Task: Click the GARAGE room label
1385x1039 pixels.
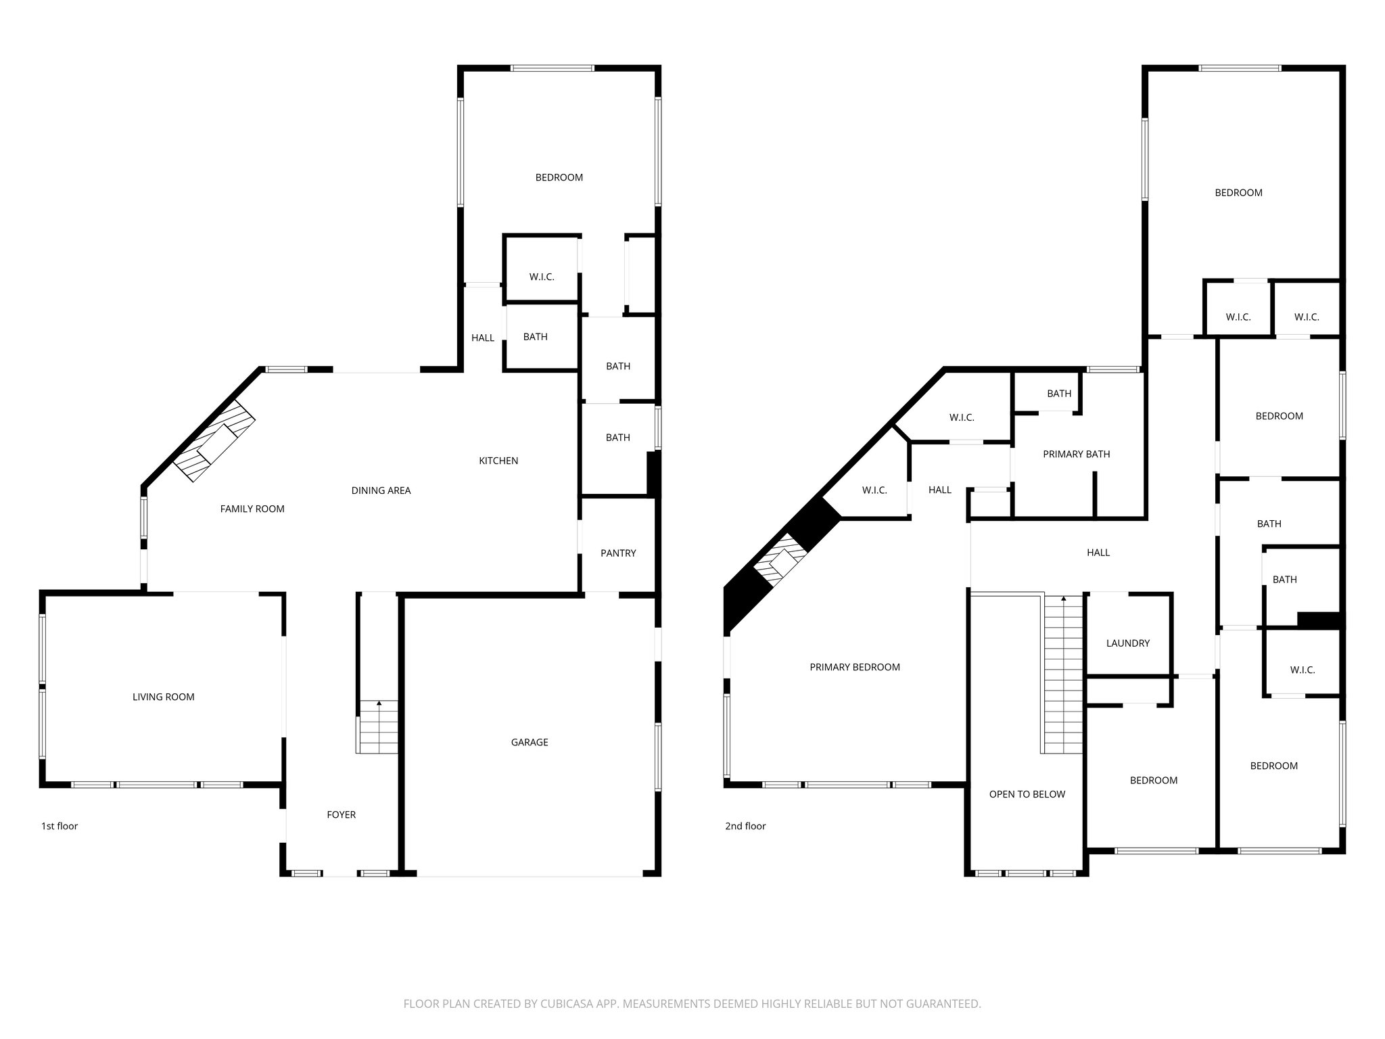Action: [530, 742]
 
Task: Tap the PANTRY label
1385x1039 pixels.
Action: [618, 553]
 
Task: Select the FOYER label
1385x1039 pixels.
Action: [341, 814]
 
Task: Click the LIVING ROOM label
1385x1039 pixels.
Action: [163, 697]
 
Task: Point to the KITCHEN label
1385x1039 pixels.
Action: [498, 461]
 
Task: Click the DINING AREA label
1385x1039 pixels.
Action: [381, 490]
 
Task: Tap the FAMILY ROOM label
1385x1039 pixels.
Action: [252, 509]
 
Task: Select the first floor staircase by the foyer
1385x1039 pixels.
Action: [379, 728]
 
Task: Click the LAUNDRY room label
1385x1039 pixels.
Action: [1127, 643]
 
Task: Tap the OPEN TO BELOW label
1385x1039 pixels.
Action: [1027, 794]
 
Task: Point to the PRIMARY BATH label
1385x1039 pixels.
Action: [1076, 454]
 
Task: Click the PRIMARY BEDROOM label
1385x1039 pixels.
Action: [855, 667]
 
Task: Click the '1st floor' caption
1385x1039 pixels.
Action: [60, 826]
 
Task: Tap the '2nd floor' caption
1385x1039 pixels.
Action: [745, 826]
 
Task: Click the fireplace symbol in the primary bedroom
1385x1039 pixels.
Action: [781, 561]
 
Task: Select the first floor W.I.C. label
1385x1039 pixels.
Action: [542, 277]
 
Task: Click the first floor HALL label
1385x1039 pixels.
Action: [483, 338]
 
